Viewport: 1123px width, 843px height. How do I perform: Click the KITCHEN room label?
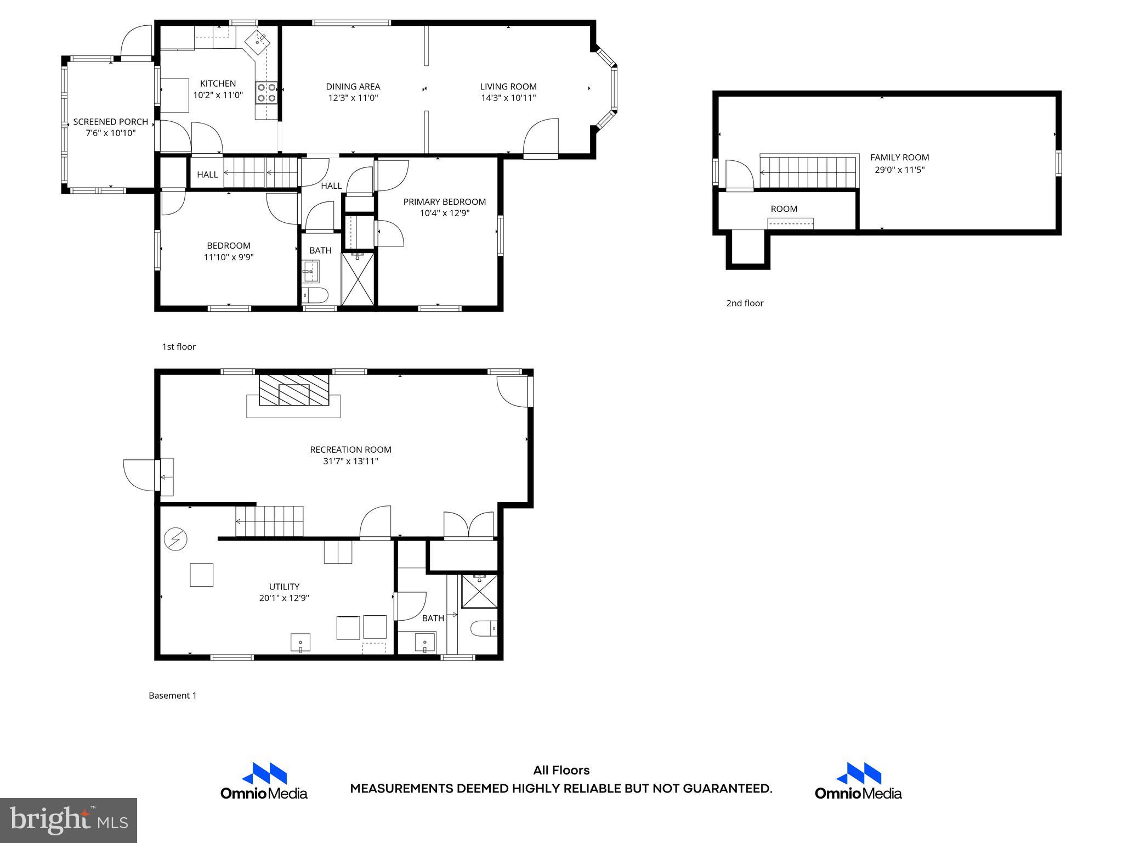point(218,83)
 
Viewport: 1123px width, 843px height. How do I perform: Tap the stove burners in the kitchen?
point(266,93)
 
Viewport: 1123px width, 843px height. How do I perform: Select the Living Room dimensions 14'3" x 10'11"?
point(508,98)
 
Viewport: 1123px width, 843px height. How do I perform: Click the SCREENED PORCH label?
point(111,122)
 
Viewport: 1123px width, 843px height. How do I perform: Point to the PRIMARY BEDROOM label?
point(444,202)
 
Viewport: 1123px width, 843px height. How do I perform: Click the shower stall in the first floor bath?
point(358,279)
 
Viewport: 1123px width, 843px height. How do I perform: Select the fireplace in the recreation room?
point(294,390)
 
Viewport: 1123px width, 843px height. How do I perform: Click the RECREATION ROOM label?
point(350,449)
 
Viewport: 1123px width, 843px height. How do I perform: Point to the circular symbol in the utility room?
point(175,539)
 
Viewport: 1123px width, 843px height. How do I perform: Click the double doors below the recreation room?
point(469,524)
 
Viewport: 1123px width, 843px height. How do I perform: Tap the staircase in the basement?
point(269,521)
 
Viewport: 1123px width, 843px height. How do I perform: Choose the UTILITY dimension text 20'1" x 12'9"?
point(284,598)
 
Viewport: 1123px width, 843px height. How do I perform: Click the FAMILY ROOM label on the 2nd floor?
point(899,158)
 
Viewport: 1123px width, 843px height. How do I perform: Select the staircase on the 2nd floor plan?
point(808,171)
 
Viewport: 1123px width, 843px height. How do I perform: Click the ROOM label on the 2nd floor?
point(784,209)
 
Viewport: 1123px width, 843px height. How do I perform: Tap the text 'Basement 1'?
point(172,695)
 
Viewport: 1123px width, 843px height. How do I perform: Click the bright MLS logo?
point(69,820)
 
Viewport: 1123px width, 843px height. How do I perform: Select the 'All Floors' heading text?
point(561,770)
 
